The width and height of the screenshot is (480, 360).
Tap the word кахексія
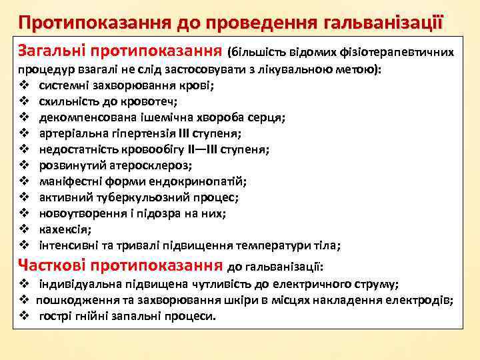[x=65, y=229]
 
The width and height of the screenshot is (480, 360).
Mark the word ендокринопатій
[x=207, y=181]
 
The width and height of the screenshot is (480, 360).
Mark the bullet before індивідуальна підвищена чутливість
[x=23, y=284]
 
